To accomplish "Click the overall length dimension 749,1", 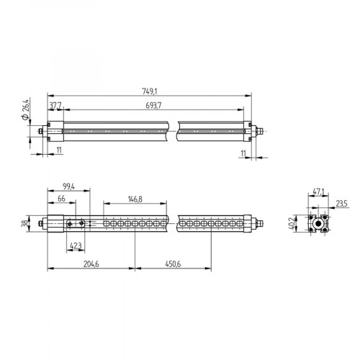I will [149, 91].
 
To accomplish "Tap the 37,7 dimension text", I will [55, 106].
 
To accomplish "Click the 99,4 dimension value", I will [70, 186].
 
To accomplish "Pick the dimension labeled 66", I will [62, 198].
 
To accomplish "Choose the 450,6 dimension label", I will [172, 265].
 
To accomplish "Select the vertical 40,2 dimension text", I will [292, 224].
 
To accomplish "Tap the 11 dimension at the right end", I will [243, 153].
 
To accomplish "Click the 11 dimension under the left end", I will [58, 148].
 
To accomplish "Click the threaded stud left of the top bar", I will [36, 131].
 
